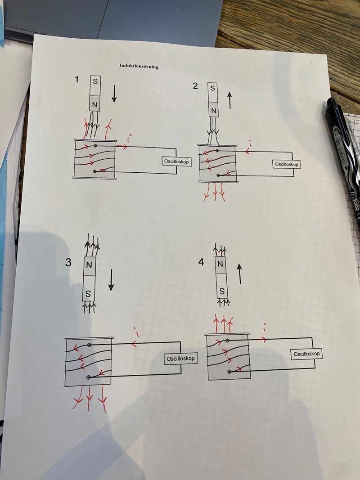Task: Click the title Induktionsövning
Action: (x=139, y=66)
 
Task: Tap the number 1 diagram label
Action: (x=76, y=79)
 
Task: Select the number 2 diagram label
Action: (x=195, y=86)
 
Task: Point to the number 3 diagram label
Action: (x=68, y=262)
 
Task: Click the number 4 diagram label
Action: (x=201, y=262)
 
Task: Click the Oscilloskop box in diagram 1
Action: (x=177, y=161)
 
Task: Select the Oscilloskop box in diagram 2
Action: (x=286, y=164)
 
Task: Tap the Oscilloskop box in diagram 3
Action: (x=181, y=359)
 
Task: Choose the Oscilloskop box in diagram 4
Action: (x=306, y=354)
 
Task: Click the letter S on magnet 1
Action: (x=95, y=82)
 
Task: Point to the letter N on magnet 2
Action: (x=214, y=111)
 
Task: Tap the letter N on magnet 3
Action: (x=89, y=265)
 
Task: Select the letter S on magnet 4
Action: (x=222, y=292)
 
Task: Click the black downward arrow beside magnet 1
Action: (x=114, y=94)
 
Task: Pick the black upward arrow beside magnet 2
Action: (x=229, y=101)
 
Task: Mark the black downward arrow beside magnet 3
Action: (x=111, y=280)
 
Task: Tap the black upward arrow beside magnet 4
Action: (x=240, y=274)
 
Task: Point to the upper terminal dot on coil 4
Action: (x=227, y=341)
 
